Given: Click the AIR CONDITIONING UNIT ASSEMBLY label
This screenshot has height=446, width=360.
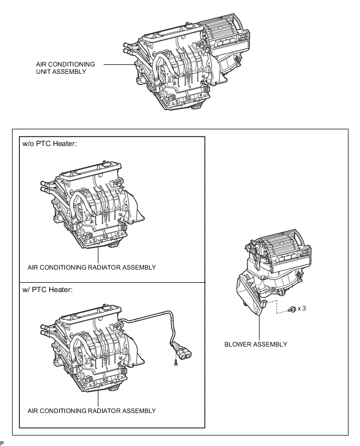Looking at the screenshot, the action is (65, 68).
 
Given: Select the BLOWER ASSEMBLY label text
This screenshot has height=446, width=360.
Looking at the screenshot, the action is (256, 344).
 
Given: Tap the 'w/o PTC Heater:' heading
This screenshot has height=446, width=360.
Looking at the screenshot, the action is (50, 143).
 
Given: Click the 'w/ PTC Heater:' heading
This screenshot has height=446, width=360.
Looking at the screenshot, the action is (48, 289).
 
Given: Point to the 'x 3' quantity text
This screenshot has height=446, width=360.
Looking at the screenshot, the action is (302, 308).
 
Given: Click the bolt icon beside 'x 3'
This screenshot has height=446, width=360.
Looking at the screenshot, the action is (292, 309).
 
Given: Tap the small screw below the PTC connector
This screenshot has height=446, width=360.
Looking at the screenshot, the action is (176, 362).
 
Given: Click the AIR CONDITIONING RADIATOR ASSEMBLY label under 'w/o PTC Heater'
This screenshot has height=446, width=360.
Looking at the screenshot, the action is (92, 267).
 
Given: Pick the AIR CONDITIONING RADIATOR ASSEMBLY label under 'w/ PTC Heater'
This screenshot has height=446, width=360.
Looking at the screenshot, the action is (92, 411).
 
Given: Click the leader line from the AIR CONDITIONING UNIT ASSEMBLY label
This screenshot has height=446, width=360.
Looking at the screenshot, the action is (119, 64).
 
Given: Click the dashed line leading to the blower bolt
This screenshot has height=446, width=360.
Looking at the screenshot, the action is (277, 307).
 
